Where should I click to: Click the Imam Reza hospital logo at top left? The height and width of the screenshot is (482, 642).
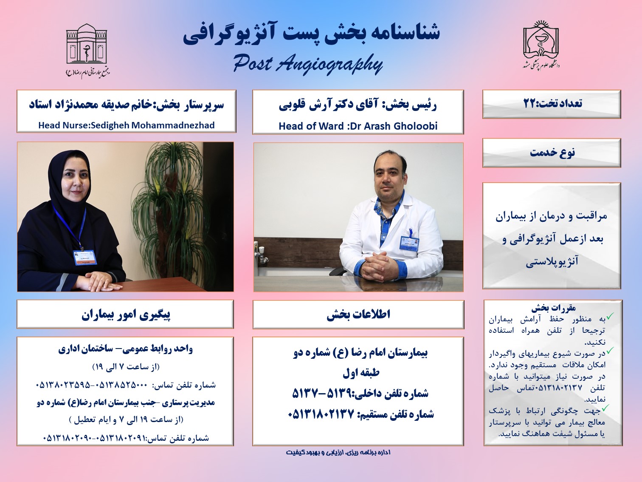tap(87, 50)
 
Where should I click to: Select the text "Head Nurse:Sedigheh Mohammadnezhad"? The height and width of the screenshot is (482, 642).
tap(127, 125)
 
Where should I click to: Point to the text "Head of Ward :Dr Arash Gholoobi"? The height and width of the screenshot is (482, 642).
tap(358, 126)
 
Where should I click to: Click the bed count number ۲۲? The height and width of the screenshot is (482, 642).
tap(529, 104)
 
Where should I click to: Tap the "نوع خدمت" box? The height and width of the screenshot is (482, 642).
tap(551, 153)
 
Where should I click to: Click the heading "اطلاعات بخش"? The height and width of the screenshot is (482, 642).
tap(358, 315)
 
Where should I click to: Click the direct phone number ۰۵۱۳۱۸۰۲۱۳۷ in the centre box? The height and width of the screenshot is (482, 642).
tap(321, 414)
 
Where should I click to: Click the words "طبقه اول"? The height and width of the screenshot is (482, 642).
tap(361, 372)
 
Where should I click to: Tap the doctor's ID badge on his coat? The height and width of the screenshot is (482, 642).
tap(409, 242)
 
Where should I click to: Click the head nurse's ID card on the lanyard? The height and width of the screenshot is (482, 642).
tap(85, 257)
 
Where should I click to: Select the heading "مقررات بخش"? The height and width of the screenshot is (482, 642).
tap(553, 308)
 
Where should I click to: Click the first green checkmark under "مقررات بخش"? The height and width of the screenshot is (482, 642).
tap(610, 316)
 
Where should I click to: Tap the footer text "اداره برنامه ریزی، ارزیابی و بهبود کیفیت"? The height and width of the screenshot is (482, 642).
tap(338, 452)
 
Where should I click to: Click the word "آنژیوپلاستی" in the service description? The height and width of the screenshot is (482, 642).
tap(552, 261)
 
